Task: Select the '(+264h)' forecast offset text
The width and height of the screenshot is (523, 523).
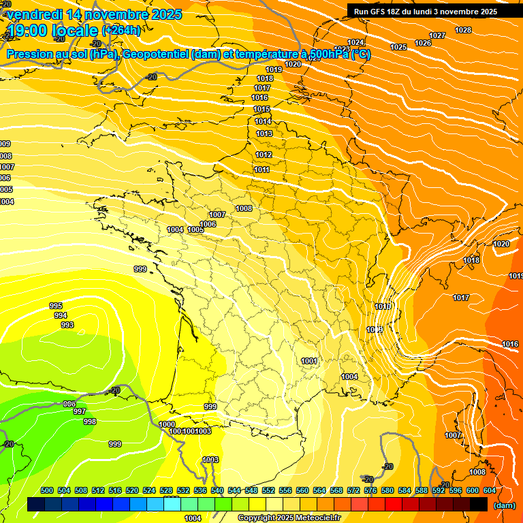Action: pyautogui.click(x=121, y=30)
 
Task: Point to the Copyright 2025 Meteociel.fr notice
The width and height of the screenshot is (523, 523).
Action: pyautogui.click(x=289, y=518)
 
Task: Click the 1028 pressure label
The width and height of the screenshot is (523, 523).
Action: pyautogui.click(x=463, y=30)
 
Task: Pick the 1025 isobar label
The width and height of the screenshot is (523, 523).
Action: pyautogui.click(x=398, y=47)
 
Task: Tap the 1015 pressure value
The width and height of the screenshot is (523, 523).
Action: pyautogui.click(x=262, y=110)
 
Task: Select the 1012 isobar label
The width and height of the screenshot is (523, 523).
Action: pyautogui.click(x=264, y=155)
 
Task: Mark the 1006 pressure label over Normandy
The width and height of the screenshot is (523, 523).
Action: pyautogui.click(x=208, y=225)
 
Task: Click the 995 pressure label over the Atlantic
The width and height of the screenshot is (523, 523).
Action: pyautogui.click(x=56, y=306)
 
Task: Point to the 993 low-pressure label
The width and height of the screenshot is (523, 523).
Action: pyautogui.click(x=67, y=326)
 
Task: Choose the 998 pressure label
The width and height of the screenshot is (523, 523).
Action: pyautogui.click(x=90, y=422)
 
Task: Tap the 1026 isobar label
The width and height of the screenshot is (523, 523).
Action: pyautogui.click(x=423, y=44)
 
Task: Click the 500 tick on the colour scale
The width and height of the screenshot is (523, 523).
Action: pyautogui.click(x=47, y=490)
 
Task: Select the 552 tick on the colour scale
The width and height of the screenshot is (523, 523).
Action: pyautogui.click(x=268, y=490)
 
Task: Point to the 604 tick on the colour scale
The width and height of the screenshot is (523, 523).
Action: pyautogui.click(x=490, y=490)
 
